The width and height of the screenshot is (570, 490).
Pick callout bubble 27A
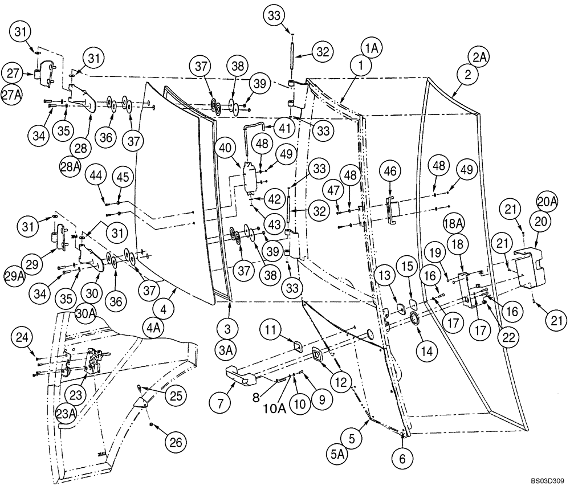pos(11,95)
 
